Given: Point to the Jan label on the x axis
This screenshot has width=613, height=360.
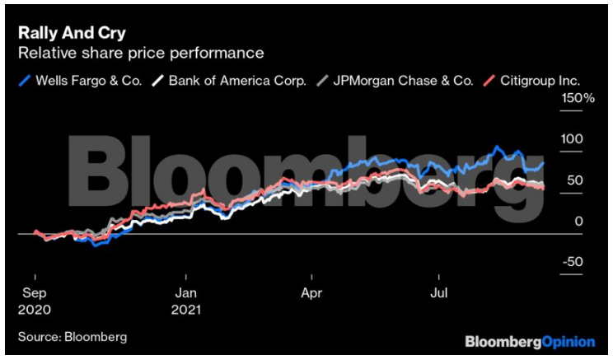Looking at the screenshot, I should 186,292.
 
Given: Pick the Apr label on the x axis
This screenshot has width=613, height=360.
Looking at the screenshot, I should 312,292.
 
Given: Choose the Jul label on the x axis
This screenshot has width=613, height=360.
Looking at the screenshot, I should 439,292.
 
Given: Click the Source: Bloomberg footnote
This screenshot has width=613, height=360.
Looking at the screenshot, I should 72,336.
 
